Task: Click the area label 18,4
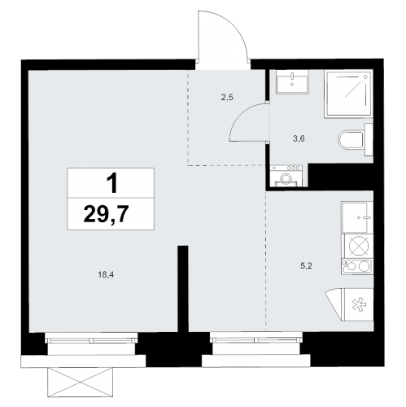pos(106,275)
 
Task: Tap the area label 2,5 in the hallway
pos(227,97)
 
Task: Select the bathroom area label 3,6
pos(299,139)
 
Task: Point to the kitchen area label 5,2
pos(306,265)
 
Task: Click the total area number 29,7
pos(106,213)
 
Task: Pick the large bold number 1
pos(111,183)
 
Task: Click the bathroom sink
pos(292,82)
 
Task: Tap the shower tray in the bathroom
pos(349,94)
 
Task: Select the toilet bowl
pos(352,140)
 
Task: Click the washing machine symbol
pos(286,176)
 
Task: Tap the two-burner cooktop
pos(357,266)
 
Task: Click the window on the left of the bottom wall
pos(92,339)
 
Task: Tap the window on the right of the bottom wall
pos(257,339)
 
